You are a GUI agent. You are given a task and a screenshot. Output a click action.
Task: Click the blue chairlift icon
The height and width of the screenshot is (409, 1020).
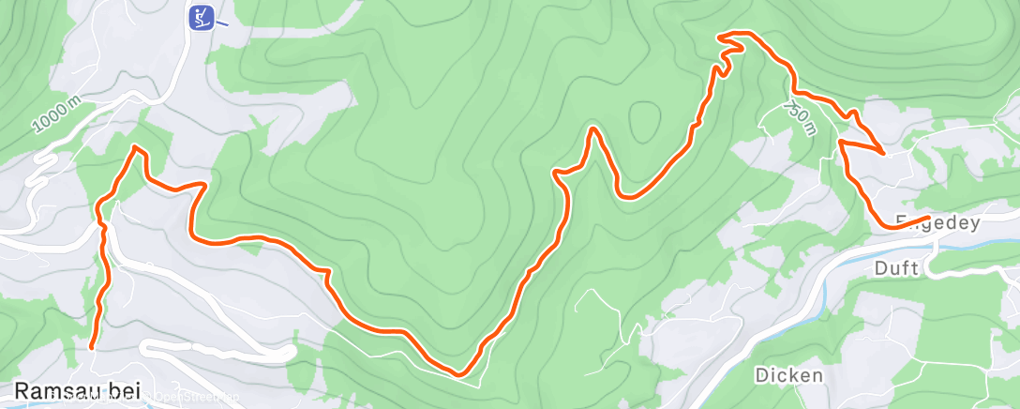pyautogui.click(x=200, y=17)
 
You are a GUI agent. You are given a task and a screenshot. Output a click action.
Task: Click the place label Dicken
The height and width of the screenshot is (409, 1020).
pyautogui.click(x=789, y=375)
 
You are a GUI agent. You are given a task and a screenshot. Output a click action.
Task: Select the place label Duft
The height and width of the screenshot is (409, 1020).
pyautogui.click(x=895, y=267)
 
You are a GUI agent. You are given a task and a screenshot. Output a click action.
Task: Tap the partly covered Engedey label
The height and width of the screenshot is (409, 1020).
pyautogui.click(x=937, y=223)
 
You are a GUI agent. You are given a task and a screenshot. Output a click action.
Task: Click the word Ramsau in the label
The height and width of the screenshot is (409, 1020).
pyautogui.click(x=53, y=391)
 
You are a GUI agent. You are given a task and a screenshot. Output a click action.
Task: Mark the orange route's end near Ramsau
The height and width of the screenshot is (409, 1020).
pyautogui.click(x=92, y=347)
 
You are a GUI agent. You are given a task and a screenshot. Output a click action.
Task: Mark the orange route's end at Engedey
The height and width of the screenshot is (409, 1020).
pyautogui.click(x=927, y=219)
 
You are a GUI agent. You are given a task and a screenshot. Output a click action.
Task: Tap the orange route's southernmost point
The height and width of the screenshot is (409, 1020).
pyautogui.click(x=458, y=373)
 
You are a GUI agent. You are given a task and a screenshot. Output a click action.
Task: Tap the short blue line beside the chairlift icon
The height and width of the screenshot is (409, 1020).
pyautogui.click(x=222, y=23)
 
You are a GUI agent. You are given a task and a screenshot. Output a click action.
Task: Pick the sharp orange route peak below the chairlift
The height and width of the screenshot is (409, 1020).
pyautogui.click(x=138, y=147)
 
